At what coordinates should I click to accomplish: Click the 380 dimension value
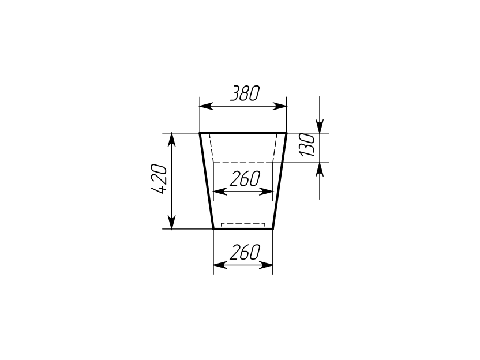tap(245, 93)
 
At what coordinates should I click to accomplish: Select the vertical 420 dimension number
tap(159, 179)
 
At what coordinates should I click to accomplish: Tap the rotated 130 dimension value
tap(307, 145)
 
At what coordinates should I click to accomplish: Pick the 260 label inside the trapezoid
tap(245, 179)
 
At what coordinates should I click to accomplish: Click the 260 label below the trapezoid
tap(245, 252)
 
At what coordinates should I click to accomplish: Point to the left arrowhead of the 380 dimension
tap(207, 106)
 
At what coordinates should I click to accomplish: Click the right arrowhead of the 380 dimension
tap(280, 106)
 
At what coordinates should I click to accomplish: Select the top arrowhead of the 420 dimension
tap(172, 140)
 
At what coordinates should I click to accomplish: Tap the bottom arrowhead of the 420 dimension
tap(172, 222)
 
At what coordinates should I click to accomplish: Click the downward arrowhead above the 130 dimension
tap(320, 126)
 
